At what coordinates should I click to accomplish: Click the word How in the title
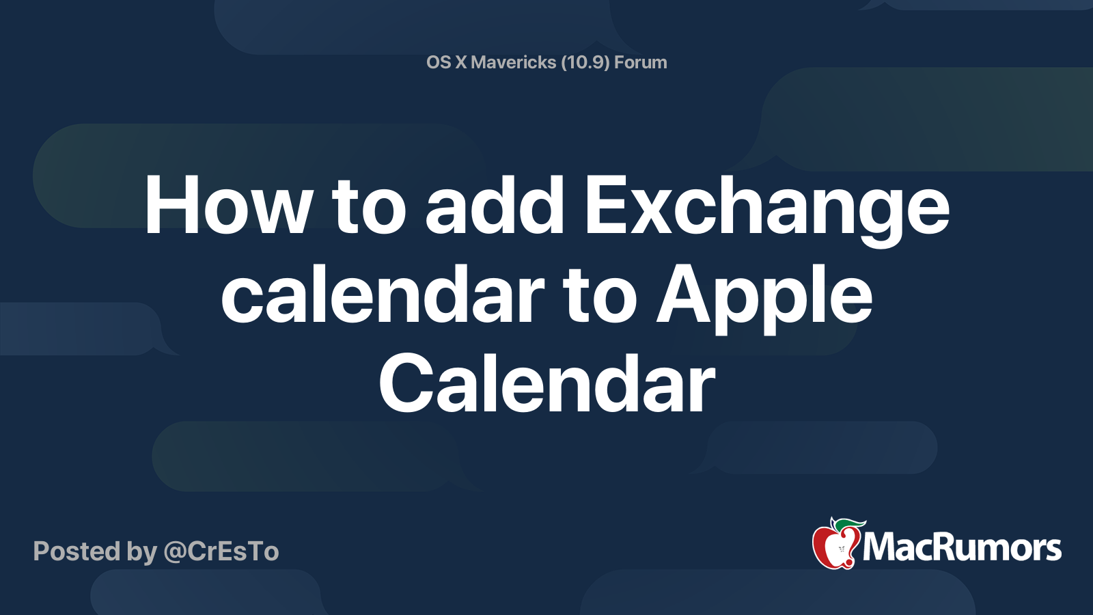click(227, 205)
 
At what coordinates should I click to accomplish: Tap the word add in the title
click(495, 205)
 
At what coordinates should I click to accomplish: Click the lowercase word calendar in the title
click(383, 293)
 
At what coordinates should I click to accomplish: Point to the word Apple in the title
click(764, 299)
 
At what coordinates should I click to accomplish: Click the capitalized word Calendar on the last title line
click(547, 383)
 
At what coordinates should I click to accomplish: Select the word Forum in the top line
click(641, 62)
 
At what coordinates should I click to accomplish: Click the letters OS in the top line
click(438, 62)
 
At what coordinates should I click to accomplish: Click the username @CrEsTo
click(221, 551)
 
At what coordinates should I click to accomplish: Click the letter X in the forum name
click(460, 62)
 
